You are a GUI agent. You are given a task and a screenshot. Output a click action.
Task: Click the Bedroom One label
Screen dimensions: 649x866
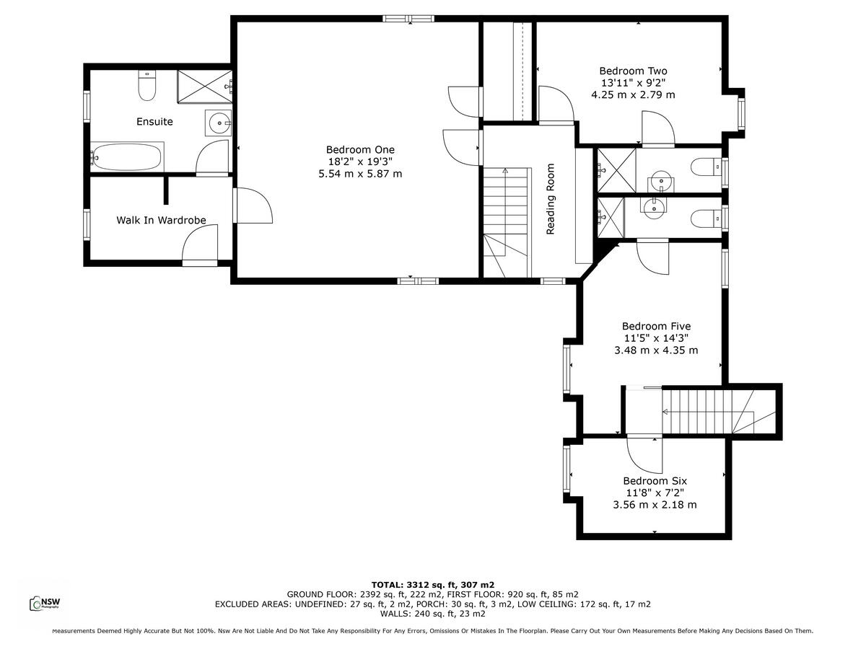tap(360, 150)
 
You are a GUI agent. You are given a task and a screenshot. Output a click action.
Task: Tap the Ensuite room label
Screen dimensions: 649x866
tap(154, 122)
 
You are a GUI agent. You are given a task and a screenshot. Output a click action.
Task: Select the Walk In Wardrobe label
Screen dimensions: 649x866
tap(161, 220)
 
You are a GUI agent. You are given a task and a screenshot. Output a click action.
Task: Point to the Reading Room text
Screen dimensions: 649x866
tap(551, 199)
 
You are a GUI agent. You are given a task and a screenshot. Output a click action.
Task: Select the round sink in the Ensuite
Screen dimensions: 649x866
tap(217, 124)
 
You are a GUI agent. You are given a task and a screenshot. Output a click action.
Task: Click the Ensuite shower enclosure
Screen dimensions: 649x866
tap(204, 87)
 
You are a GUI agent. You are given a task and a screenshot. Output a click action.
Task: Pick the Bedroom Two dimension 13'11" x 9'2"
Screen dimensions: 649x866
tap(633, 83)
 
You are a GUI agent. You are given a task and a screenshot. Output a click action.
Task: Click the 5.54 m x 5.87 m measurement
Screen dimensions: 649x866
tap(360, 174)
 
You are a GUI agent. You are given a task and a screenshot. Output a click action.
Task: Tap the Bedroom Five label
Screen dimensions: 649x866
tap(656, 327)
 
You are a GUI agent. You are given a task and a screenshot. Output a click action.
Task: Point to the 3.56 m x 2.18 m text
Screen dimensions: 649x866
tap(655, 505)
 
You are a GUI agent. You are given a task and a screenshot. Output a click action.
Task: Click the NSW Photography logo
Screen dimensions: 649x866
tap(44, 603)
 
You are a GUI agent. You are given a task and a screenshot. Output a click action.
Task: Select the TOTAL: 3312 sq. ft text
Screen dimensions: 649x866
tap(432, 585)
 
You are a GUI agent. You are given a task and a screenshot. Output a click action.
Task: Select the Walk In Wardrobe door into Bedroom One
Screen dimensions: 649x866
tap(253, 206)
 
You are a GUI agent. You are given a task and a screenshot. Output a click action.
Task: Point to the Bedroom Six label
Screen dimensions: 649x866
tap(655, 481)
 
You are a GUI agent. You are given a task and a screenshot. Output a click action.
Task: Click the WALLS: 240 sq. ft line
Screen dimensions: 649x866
tap(432, 614)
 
